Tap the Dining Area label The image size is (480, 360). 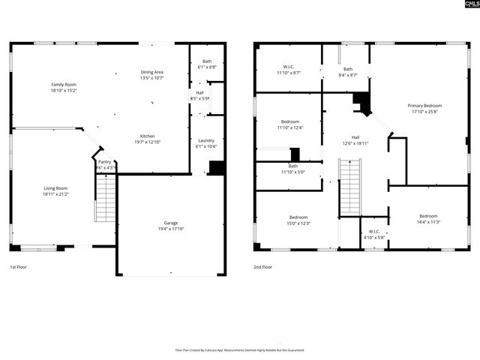coord(151,73)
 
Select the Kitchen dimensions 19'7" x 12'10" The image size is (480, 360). coord(147,142)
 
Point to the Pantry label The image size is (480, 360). coord(105,162)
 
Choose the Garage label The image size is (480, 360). coord(171,223)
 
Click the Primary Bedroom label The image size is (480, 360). coord(424,106)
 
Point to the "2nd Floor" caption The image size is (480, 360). coord(262,267)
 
